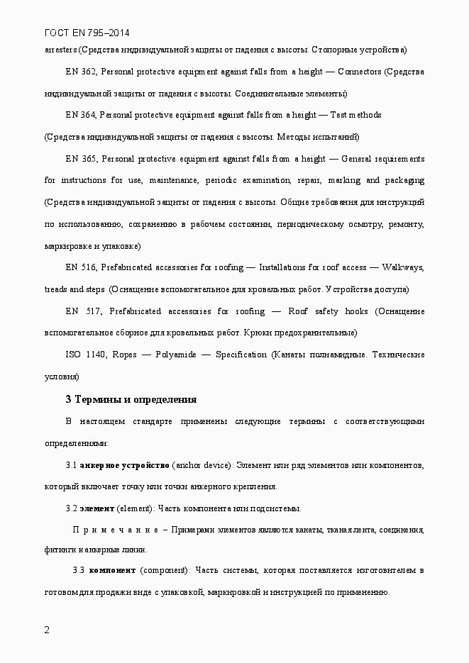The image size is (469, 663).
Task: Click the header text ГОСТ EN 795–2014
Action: point(87,33)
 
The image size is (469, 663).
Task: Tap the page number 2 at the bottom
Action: point(47,630)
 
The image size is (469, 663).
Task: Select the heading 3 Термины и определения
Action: point(131,399)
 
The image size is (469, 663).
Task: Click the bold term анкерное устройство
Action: point(124,464)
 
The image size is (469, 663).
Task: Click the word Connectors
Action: point(360,72)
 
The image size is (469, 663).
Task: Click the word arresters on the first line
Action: point(60,50)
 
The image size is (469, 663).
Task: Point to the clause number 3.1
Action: point(71,464)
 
